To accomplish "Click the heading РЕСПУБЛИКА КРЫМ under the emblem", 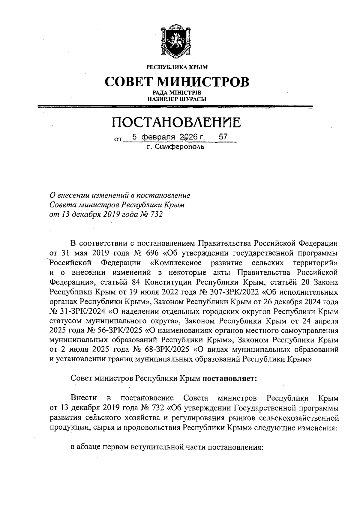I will pos(177,67).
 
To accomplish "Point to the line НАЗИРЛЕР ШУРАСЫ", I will pos(176,99).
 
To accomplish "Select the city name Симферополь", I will pos(180,147).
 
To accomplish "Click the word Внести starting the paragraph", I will pos(84,398).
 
